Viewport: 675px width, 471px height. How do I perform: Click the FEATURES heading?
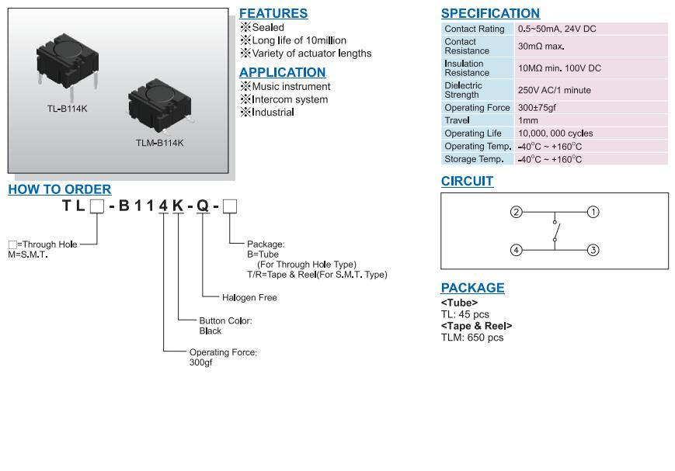[x=273, y=13]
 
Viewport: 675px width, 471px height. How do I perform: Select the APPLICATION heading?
[x=283, y=72]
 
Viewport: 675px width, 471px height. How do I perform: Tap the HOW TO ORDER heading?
[x=60, y=189]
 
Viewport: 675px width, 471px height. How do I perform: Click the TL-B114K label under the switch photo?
[x=68, y=109]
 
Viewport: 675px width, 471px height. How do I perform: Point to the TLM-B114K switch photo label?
[x=160, y=143]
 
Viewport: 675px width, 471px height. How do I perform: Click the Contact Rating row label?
[x=474, y=29]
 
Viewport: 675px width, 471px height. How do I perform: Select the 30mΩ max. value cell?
[x=541, y=47]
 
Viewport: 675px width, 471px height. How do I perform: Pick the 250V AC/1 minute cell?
[x=555, y=90]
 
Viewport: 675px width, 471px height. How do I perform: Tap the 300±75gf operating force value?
[x=537, y=108]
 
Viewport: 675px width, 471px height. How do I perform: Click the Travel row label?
[x=457, y=120]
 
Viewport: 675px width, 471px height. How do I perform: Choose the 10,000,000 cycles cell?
[x=555, y=133]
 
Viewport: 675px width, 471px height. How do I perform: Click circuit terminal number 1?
[x=593, y=212]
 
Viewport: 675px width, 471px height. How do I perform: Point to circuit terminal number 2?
[x=516, y=212]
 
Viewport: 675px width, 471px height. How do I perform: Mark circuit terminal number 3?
[x=593, y=250]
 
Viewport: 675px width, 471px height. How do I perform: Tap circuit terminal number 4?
[x=516, y=250]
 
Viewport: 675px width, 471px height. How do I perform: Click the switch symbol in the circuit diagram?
[x=555, y=231]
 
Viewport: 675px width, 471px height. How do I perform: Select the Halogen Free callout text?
[x=249, y=298]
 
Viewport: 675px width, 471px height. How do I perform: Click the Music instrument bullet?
[x=291, y=87]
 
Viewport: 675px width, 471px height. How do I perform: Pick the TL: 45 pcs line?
[x=465, y=314]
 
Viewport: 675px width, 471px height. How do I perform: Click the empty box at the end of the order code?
[x=230, y=206]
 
